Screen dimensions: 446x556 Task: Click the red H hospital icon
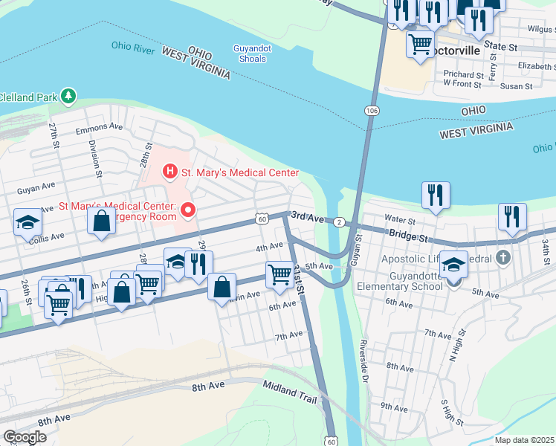pos(170,172)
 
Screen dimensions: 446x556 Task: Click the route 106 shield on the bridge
pos(371,110)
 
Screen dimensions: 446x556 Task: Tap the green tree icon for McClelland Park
pos(68,96)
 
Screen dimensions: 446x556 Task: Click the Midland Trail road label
pos(291,390)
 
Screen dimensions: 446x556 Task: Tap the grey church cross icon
pos(503,259)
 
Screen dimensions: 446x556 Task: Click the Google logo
pos(25,436)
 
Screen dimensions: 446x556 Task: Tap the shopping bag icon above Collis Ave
pos(100,221)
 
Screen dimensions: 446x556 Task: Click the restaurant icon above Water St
pos(436,195)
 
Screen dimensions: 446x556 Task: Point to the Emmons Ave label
pos(99,127)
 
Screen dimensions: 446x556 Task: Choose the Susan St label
pos(515,86)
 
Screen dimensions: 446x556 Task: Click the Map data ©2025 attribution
pos(524,440)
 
